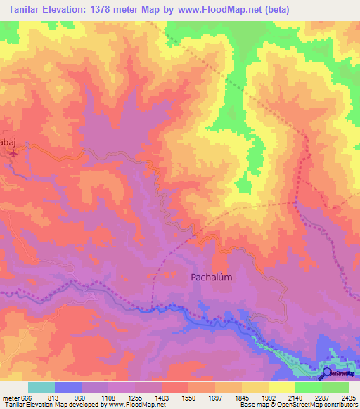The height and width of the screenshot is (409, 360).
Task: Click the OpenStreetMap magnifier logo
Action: point(326,372)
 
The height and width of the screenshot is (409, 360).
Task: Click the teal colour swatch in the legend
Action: point(41,387)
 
